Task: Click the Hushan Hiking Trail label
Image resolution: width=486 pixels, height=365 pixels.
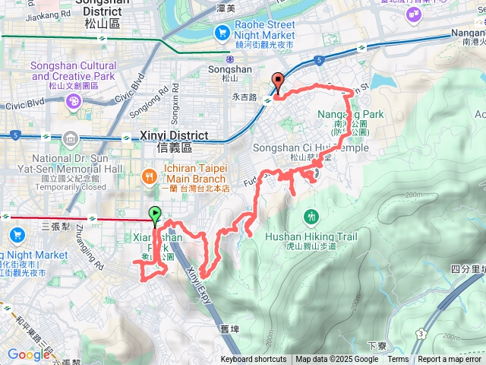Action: tap(311, 236)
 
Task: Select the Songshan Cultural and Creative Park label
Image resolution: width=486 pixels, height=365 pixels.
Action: tap(73, 71)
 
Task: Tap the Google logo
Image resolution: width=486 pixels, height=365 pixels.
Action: tap(29, 354)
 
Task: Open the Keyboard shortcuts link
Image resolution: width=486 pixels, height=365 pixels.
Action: tap(254, 360)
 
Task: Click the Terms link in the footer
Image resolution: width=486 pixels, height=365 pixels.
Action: tap(398, 360)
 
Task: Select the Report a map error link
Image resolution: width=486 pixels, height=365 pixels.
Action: tap(450, 360)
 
